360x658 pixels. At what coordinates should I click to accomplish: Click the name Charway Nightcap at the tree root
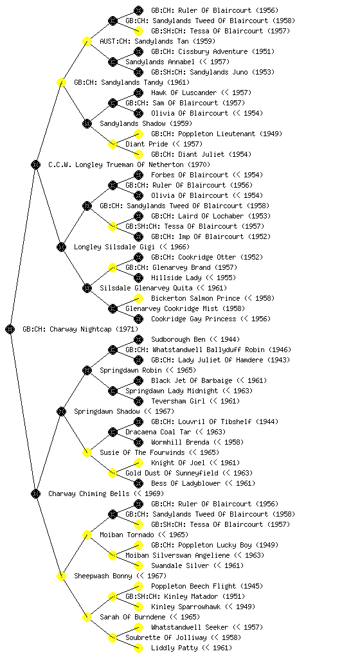(x=80, y=330)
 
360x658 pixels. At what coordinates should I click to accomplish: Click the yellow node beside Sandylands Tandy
(x=61, y=82)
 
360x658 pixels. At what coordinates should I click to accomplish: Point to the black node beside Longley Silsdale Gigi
(x=61, y=247)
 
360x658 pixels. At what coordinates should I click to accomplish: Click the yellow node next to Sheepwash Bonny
(x=61, y=576)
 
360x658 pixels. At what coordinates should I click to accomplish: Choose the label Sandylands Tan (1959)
(x=157, y=42)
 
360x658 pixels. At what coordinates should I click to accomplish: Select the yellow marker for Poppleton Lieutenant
(x=138, y=134)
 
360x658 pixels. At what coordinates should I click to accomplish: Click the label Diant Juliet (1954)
(x=201, y=154)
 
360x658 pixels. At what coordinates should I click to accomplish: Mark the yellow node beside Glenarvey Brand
(x=113, y=267)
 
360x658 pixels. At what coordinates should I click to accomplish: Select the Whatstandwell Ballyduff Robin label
(x=208, y=350)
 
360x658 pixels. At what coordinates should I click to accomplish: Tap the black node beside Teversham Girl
(x=138, y=401)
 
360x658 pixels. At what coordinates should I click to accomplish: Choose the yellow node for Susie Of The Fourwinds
(x=87, y=452)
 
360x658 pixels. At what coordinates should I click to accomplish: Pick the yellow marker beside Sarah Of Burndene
(x=87, y=617)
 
